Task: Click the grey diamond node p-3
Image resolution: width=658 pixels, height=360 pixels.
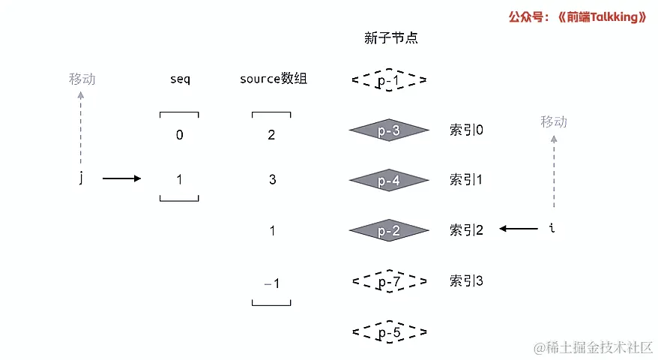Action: [389, 130]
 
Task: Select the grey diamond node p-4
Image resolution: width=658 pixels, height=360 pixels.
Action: [389, 180]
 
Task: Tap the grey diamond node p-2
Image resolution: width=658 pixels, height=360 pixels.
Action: [389, 230]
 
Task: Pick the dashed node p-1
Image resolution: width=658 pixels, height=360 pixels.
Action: [389, 80]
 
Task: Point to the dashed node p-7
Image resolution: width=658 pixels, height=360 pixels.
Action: [389, 281]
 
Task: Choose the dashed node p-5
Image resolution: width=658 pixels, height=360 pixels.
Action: [389, 331]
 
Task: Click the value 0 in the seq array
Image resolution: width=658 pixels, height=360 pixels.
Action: [179, 135]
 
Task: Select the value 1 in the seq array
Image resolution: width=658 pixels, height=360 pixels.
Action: [179, 180]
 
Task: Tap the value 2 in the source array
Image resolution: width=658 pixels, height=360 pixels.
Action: [271, 135]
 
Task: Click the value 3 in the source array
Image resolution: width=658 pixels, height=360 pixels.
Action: [271, 180]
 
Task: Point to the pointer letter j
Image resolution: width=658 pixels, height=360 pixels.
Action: [81, 179]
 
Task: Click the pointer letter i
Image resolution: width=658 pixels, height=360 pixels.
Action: [552, 229]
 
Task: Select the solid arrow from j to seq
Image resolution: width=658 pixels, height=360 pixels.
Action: [121, 178]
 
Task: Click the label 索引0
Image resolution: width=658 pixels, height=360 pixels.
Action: [466, 130]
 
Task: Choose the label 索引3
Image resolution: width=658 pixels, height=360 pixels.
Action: [466, 281]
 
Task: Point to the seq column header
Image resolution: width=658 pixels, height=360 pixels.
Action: [180, 79]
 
